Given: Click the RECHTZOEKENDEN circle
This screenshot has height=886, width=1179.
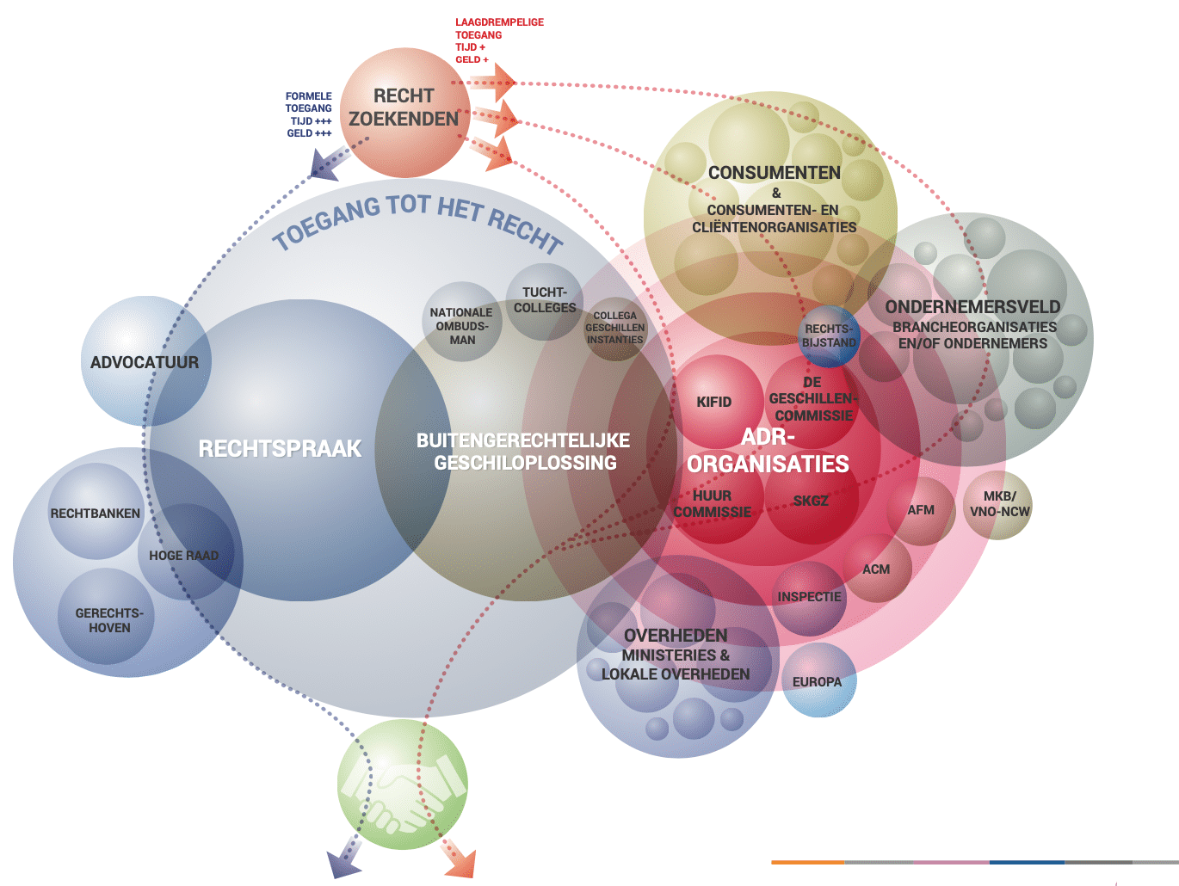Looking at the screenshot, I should (404, 112).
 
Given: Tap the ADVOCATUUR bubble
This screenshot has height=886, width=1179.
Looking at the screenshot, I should (145, 362).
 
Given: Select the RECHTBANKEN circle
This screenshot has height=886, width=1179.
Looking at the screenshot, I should (95, 513).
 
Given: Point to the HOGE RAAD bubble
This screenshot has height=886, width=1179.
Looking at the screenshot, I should (184, 555).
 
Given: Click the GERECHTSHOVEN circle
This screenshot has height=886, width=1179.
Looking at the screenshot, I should (109, 619).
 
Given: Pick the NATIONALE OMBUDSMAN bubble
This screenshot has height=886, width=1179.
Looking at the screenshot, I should (462, 324).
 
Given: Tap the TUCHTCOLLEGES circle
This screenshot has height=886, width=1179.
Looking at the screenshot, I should (545, 301).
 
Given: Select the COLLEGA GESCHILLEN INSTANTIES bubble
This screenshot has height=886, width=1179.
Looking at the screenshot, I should (614, 328).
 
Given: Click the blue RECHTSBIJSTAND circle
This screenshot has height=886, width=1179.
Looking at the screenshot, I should (829, 335).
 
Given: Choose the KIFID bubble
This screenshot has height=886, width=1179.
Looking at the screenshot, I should (714, 401).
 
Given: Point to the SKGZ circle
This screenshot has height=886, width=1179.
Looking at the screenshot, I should (811, 501).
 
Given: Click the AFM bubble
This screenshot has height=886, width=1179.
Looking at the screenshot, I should (921, 510).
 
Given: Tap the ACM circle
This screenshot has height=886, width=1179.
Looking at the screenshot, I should (876, 569).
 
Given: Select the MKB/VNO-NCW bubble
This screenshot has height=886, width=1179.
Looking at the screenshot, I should (998, 504).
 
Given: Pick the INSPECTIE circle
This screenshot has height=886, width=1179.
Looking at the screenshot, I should (809, 597).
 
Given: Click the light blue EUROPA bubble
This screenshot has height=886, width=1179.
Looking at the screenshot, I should (818, 681).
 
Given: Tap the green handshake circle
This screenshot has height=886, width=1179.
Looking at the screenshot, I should (403, 784).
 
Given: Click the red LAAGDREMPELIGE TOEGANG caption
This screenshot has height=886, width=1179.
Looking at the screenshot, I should (499, 40).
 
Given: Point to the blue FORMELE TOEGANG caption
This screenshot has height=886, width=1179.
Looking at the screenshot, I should (309, 114).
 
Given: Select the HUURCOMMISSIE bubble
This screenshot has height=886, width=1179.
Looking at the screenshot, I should (713, 505).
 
